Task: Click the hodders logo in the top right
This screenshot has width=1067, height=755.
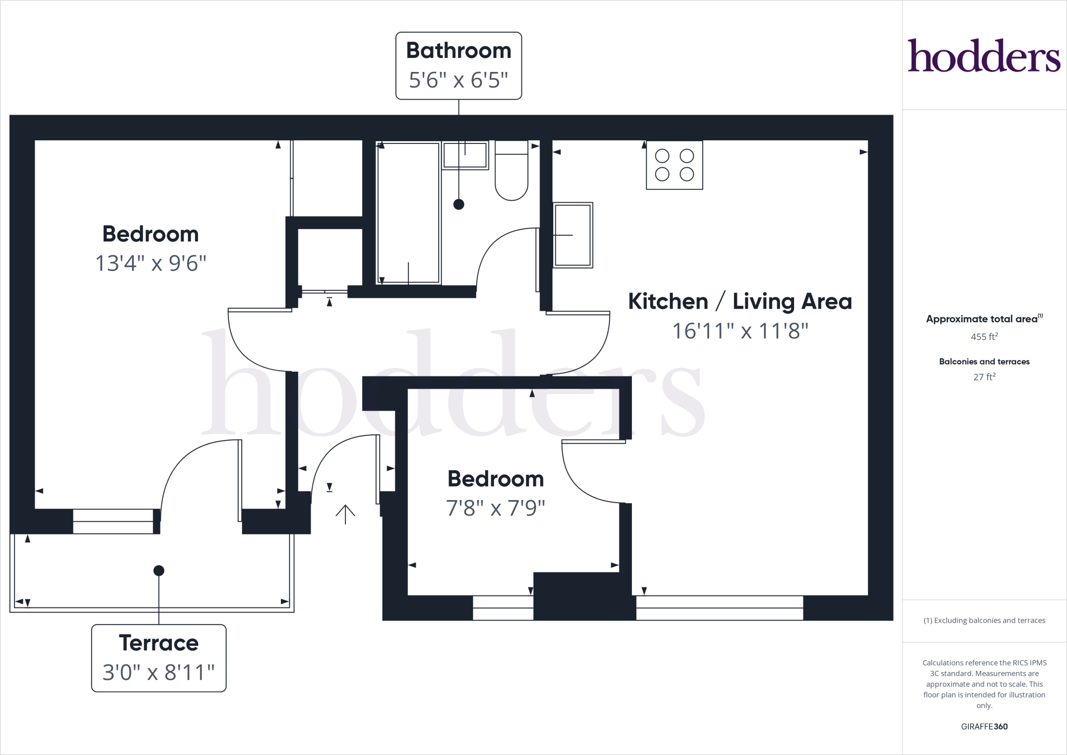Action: [x=984, y=55]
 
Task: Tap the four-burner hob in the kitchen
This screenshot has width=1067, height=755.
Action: [x=674, y=165]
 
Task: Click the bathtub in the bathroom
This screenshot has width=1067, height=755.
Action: [x=408, y=213]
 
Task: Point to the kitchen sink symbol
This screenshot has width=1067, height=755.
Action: [x=573, y=235]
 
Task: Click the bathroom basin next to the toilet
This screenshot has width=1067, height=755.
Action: [x=465, y=155]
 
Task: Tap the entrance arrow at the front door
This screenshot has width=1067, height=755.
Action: [x=345, y=514]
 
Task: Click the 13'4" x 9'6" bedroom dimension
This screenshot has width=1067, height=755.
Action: [x=151, y=263]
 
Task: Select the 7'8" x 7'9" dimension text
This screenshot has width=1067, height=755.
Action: [x=495, y=508]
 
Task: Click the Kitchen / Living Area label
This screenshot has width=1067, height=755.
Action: [x=739, y=301]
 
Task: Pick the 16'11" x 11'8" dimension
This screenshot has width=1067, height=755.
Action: [x=739, y=331]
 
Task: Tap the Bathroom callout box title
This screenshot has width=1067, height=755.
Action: [x=458, y=51]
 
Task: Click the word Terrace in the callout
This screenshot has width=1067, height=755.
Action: [x=158, y=643]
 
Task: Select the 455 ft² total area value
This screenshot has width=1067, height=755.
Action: [x=984, y=337]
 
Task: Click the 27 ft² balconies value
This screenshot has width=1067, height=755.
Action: [x=984, y=377]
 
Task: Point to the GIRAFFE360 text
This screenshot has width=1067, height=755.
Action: [x=984, y=726]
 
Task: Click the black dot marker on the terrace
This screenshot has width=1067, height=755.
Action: [x=159, y=570]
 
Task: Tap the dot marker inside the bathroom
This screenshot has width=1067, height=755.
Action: [x=458, y=204]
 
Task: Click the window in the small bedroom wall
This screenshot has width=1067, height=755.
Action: [x=503, y=608]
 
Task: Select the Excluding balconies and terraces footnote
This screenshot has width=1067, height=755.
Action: [x=984, y=620]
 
